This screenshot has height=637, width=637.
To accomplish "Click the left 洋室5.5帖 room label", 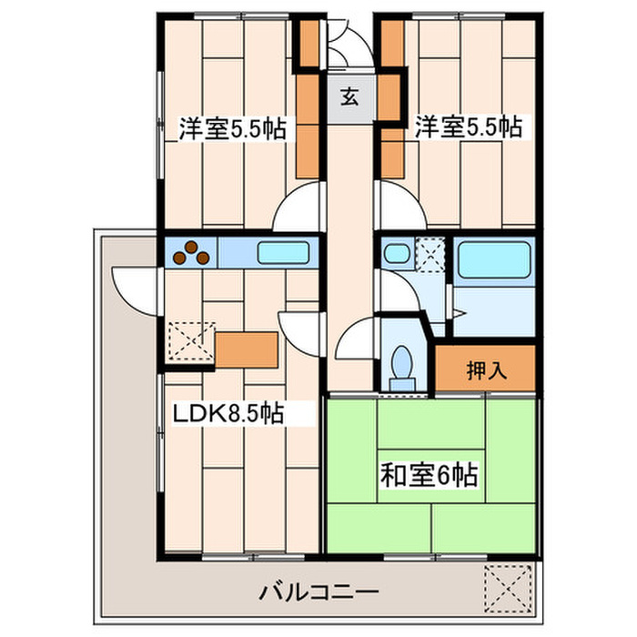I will (231, 128).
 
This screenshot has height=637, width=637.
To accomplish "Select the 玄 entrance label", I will (349, 94).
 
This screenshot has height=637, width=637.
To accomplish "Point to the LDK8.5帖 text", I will (229, 415).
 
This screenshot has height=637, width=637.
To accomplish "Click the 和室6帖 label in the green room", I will (430, 475).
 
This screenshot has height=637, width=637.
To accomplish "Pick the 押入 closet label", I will (486, 370).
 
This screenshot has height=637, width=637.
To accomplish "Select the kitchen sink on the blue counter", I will (285, 252).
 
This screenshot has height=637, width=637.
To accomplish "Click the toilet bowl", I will (400, 366).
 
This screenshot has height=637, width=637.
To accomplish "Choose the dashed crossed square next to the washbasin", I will (430, 252).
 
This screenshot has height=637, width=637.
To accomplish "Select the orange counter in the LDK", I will (246, 349).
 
